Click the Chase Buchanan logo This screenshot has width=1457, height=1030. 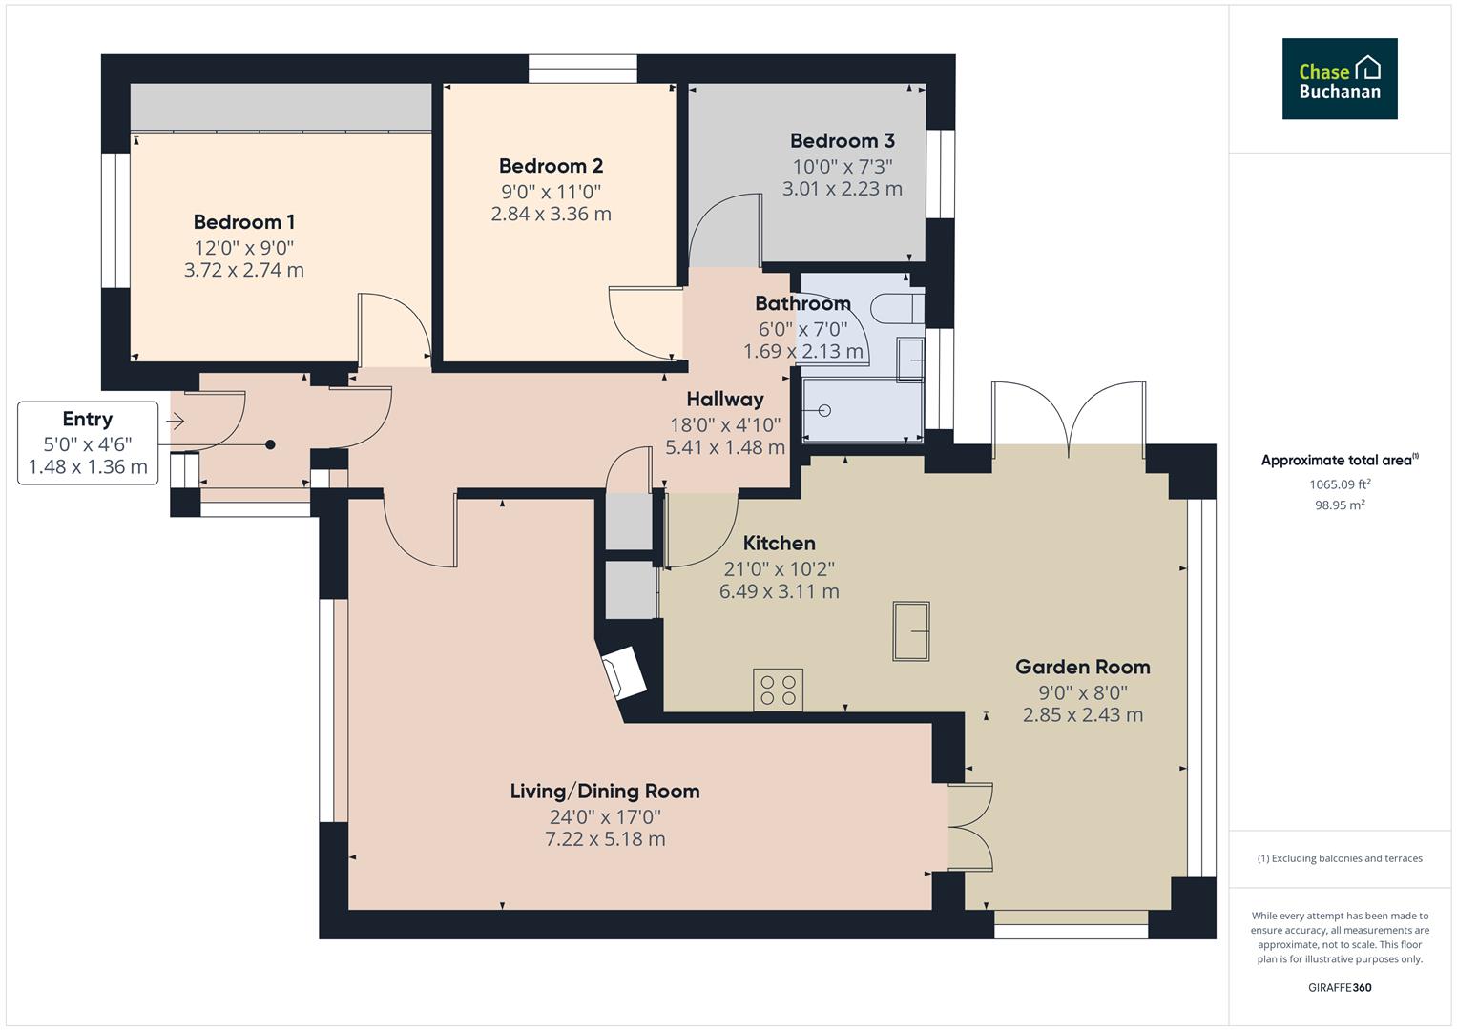[x=1339, y=79]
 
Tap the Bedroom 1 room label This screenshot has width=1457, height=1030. [x=243, y=222]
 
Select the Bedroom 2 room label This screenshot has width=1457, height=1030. [x=551, y=166]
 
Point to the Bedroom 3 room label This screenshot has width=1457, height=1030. [x=842, y=141]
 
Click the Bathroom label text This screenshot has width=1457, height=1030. [x=801, y=303]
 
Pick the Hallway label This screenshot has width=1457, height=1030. [x=724, y=399]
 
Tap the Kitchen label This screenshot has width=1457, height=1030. [x=779, y=543]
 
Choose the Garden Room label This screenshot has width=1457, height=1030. [x=1082, y=667]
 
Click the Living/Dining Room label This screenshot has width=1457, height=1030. [x=604, y=791]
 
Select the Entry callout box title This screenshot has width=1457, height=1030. [x=87, y=419]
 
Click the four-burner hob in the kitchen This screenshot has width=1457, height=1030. [x=778, y=690]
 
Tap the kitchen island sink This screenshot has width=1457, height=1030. [x=910, y=630]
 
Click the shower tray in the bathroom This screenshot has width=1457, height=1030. [x=863, y=411]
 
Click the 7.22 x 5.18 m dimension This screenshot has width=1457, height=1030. [x=604, y=839]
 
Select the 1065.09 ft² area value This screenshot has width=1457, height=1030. [x=1339, y=484]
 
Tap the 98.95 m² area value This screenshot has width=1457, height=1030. [x=1339, y=505]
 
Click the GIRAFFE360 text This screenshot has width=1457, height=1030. [x=1339, y=987]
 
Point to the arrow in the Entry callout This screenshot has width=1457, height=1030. [x=176, y=421]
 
